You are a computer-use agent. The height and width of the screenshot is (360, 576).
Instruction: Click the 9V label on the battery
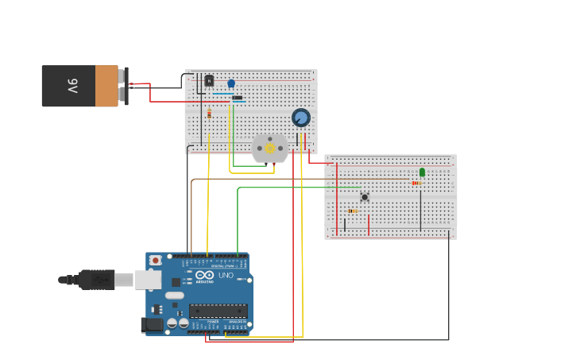click(x=72, y=86)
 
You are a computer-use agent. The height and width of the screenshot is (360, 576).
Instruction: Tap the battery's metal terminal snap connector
click(x=125, y=86)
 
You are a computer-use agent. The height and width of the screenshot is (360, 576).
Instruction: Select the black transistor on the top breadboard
click(x=209, y=80)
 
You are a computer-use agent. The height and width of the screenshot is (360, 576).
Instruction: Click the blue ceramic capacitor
click(x=231, y=83)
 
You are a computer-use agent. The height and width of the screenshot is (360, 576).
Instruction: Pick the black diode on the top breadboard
click(x=237, y=98)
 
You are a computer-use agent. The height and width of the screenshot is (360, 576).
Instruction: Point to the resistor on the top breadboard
click(x=209, y=114)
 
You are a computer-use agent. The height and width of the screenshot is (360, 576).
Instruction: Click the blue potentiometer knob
click(x=300, y=118)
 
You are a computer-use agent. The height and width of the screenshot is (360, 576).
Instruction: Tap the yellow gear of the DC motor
click(x=269, y=148)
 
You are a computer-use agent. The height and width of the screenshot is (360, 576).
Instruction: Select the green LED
click(x=422, y=172)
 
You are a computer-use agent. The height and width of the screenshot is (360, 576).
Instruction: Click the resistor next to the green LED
click(x=416, y=183)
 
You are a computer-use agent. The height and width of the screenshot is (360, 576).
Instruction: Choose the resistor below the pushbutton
click(x=353, y=211)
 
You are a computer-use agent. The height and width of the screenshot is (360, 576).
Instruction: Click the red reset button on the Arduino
click(x=156, y=260)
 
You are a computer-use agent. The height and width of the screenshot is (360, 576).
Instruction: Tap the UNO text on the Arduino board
click(x=226, y=276)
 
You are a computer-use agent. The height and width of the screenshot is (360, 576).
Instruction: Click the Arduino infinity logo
click(x=204, y=275)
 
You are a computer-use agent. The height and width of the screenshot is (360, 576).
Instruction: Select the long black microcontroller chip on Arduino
click(x=218, y=311)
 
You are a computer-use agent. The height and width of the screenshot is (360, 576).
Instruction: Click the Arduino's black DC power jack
click(x=151, y=324)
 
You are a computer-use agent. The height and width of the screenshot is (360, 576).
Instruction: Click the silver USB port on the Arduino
click(x=148, y=279)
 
